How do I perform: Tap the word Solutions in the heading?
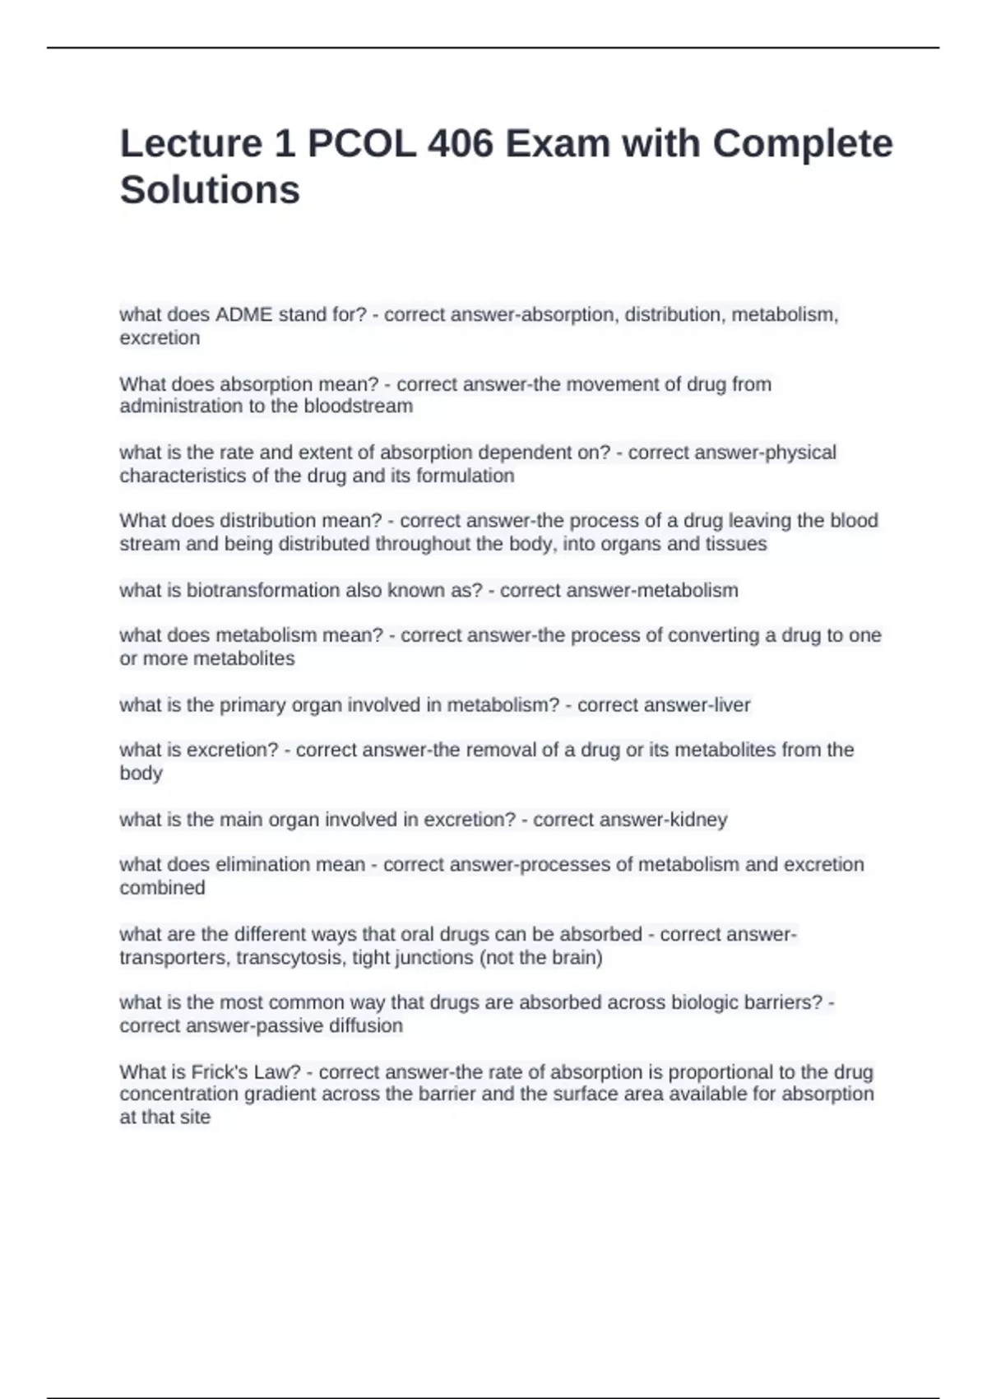tap(210, 190)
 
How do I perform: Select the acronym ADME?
tap(243, 315)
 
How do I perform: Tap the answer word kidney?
tap(699, 820)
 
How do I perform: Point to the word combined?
tap(162, 888)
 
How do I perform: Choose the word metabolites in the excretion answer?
tap(726, 750)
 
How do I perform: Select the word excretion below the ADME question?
tap(160, 338)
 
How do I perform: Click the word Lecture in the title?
tap(191, 144)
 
